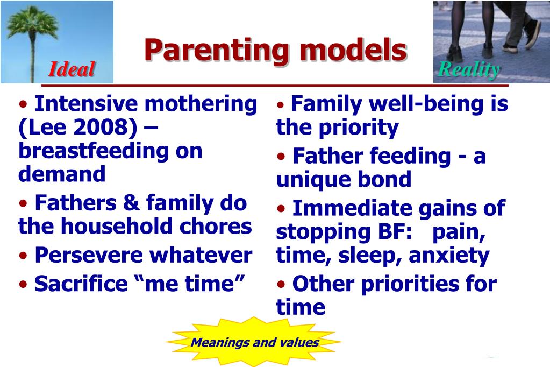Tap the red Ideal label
[72, 69]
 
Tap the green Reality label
[469, 69]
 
